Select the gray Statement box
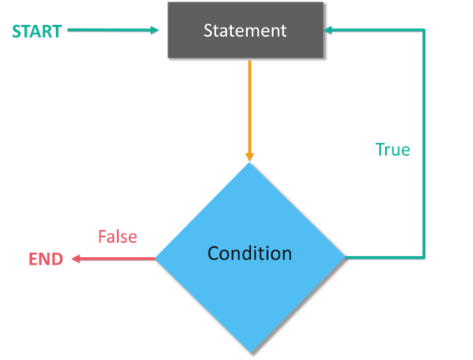coord(245,31)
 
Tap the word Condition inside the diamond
coord(249,253)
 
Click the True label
coord(392,150)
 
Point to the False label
coord(117,237)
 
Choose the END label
coord(46,260)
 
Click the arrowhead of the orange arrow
coord(249,156)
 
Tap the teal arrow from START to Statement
coord(109,30)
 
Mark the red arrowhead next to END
coord(76,259)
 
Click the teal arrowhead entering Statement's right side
coord(329,30)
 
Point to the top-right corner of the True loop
coord(424,30)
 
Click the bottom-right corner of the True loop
coord(424,256)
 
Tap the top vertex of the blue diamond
coord(249,163)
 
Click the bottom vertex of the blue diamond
coord(249,351)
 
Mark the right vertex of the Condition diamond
coord(343,257)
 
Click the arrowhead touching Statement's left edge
coord(155,30)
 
